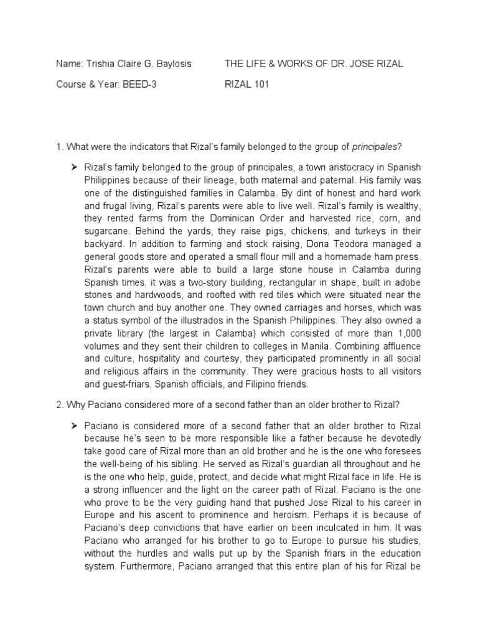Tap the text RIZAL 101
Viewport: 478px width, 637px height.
click(247, 85)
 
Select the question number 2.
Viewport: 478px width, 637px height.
click(59, 405)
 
